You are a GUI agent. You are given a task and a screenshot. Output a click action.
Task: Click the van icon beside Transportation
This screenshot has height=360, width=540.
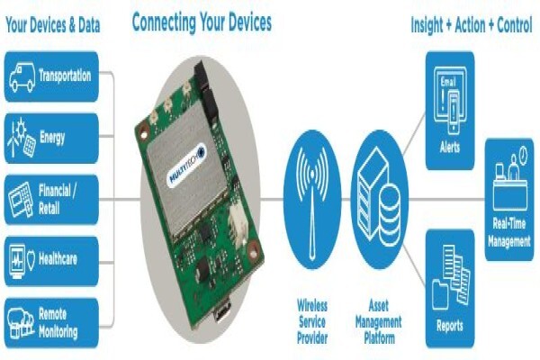point(22,77)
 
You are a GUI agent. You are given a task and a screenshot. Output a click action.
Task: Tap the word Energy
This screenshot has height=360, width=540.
point(52,138)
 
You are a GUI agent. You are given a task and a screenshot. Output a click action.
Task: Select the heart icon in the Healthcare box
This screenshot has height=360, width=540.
point(31,260)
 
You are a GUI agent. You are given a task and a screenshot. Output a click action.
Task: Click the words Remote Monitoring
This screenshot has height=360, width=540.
point(58,323)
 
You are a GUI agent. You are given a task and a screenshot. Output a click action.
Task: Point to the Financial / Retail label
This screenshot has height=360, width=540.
point(57,200)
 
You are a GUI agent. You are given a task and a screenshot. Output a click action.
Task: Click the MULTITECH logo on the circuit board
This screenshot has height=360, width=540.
point(186,166)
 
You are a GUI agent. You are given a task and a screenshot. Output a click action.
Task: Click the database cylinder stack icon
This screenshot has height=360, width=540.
point(390,214)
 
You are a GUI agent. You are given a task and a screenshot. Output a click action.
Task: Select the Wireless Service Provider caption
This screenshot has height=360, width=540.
point(312,321)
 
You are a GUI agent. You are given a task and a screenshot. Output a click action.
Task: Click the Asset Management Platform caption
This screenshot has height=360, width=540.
point(379,321)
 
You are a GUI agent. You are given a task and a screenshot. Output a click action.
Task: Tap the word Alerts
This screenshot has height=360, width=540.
point(450,148)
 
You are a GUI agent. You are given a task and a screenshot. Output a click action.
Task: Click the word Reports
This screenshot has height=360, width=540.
point(450,326)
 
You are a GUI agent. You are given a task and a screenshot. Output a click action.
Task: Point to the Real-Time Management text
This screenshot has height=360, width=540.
point(509,232)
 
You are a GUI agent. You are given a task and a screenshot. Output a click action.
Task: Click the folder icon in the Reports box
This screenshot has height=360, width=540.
point(440,294)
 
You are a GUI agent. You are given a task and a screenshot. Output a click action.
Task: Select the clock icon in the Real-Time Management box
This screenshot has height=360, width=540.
point(523,156)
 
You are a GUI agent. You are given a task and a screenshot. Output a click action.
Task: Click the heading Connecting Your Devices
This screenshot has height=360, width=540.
point(202,22)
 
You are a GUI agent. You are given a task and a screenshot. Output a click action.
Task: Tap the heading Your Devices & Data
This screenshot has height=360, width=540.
point(53,25)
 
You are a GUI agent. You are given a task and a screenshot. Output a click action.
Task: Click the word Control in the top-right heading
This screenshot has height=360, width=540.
point(515,25)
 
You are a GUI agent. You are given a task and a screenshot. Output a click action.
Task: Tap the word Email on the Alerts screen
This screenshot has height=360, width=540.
point(448,82)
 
